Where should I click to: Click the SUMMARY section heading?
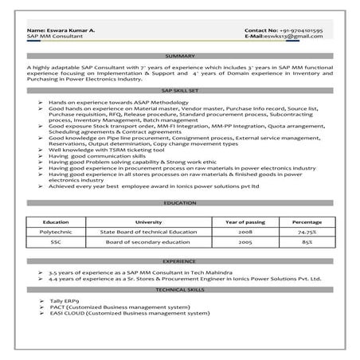pos(180,56)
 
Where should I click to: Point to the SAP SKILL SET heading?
pos(180,93)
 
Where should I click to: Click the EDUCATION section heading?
pos(180,203)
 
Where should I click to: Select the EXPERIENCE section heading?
pos(180,260)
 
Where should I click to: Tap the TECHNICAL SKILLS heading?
pos(180,292)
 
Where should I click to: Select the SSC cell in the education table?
pos(55,239)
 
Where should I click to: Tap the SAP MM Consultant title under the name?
pos(56,37)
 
